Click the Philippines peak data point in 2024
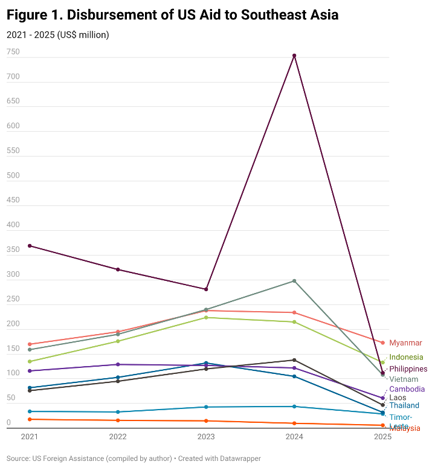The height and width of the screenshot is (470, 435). (x=294, y=56)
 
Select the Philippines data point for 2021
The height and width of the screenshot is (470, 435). (x=30, y=246)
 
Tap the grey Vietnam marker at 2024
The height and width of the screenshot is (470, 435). (x=294, y=281)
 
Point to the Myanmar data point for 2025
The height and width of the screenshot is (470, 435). (x=382, y=343)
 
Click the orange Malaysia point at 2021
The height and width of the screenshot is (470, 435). (x=30, y=419)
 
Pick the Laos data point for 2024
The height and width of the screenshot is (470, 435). (x=294, y=360)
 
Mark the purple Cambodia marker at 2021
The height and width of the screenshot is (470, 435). (x=30, y=371)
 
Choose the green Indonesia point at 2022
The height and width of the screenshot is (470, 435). (x=118, y=341)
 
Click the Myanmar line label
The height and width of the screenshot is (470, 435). (x=405, y=343)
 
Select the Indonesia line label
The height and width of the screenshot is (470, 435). (x=406, y=357)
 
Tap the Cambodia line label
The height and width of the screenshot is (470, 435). (x=407, y=389)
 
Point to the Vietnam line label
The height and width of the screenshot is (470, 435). (x=404, y=379)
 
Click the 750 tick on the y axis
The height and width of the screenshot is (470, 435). (x=13, y=53)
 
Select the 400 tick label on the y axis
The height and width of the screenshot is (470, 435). (x=13, y=225)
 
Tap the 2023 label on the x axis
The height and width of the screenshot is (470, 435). (x=206, y=437)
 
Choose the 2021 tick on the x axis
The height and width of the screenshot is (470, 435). (x=30, y=437)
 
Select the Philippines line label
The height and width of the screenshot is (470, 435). (x=408, y=369)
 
